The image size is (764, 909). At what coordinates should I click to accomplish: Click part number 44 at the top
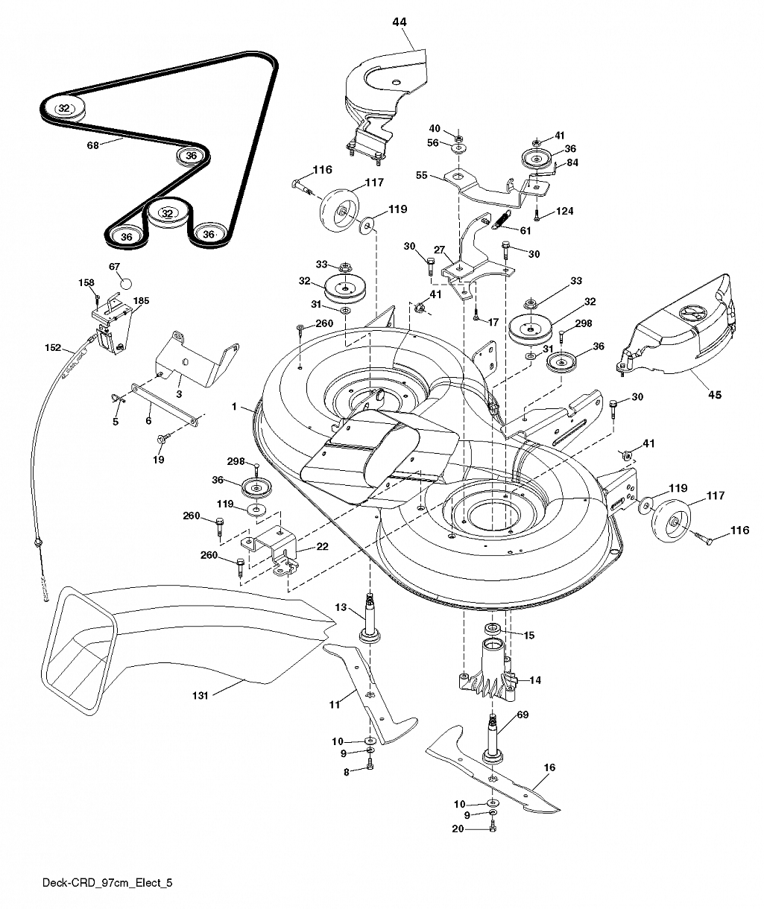coord(400,22)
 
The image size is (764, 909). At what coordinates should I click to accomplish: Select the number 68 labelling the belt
coord(92,145)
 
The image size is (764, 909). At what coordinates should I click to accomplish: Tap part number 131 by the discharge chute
coord(201,696)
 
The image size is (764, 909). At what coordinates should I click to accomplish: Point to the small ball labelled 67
coord(125,283)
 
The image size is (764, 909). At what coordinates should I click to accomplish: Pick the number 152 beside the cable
coord(53,347)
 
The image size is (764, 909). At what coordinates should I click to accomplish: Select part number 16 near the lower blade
coord(549,767)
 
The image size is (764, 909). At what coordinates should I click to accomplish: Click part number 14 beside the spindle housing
coord(535,680)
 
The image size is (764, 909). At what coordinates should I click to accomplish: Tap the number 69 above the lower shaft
coord(523,715)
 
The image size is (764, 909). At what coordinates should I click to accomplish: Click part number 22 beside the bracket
coord(322,546)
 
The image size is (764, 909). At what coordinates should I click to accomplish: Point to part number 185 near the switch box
coord(141,300)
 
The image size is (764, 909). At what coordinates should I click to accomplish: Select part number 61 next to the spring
coord(525,230)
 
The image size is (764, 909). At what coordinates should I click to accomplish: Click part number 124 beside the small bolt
coord(564,211)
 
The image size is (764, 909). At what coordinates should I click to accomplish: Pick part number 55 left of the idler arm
coord(422,175)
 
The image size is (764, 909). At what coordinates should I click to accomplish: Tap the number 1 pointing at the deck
coord(234,407)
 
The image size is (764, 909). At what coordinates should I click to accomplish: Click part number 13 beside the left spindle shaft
coord(341,607)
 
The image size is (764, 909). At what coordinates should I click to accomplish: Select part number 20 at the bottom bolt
coord(458,829)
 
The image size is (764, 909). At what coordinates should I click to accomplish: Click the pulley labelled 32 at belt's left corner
coord(63,110)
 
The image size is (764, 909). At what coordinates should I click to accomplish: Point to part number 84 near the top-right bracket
coord(572,162)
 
